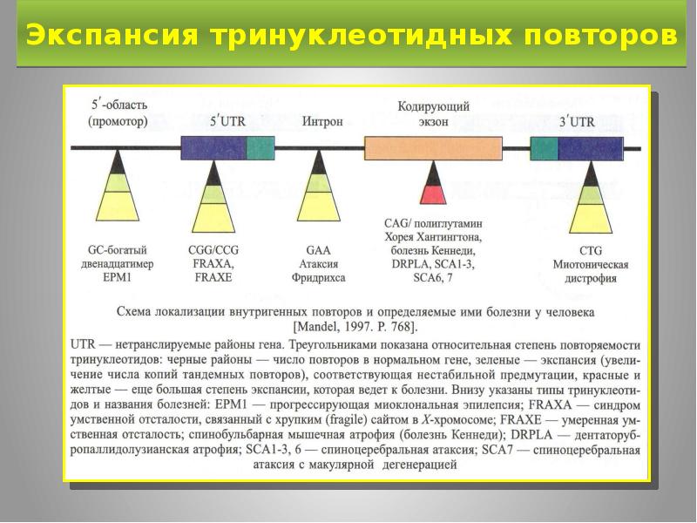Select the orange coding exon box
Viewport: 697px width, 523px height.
click(433, 147)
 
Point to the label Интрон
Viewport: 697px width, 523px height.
click(321, 121)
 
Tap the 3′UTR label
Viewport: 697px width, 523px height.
click(577, 121)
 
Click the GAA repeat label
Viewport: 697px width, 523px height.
click(319, 250)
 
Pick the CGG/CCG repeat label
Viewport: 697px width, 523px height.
click(213, 250)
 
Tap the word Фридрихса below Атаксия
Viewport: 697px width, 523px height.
click(319, 278)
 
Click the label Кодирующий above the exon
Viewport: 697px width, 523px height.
click(434, 106)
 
